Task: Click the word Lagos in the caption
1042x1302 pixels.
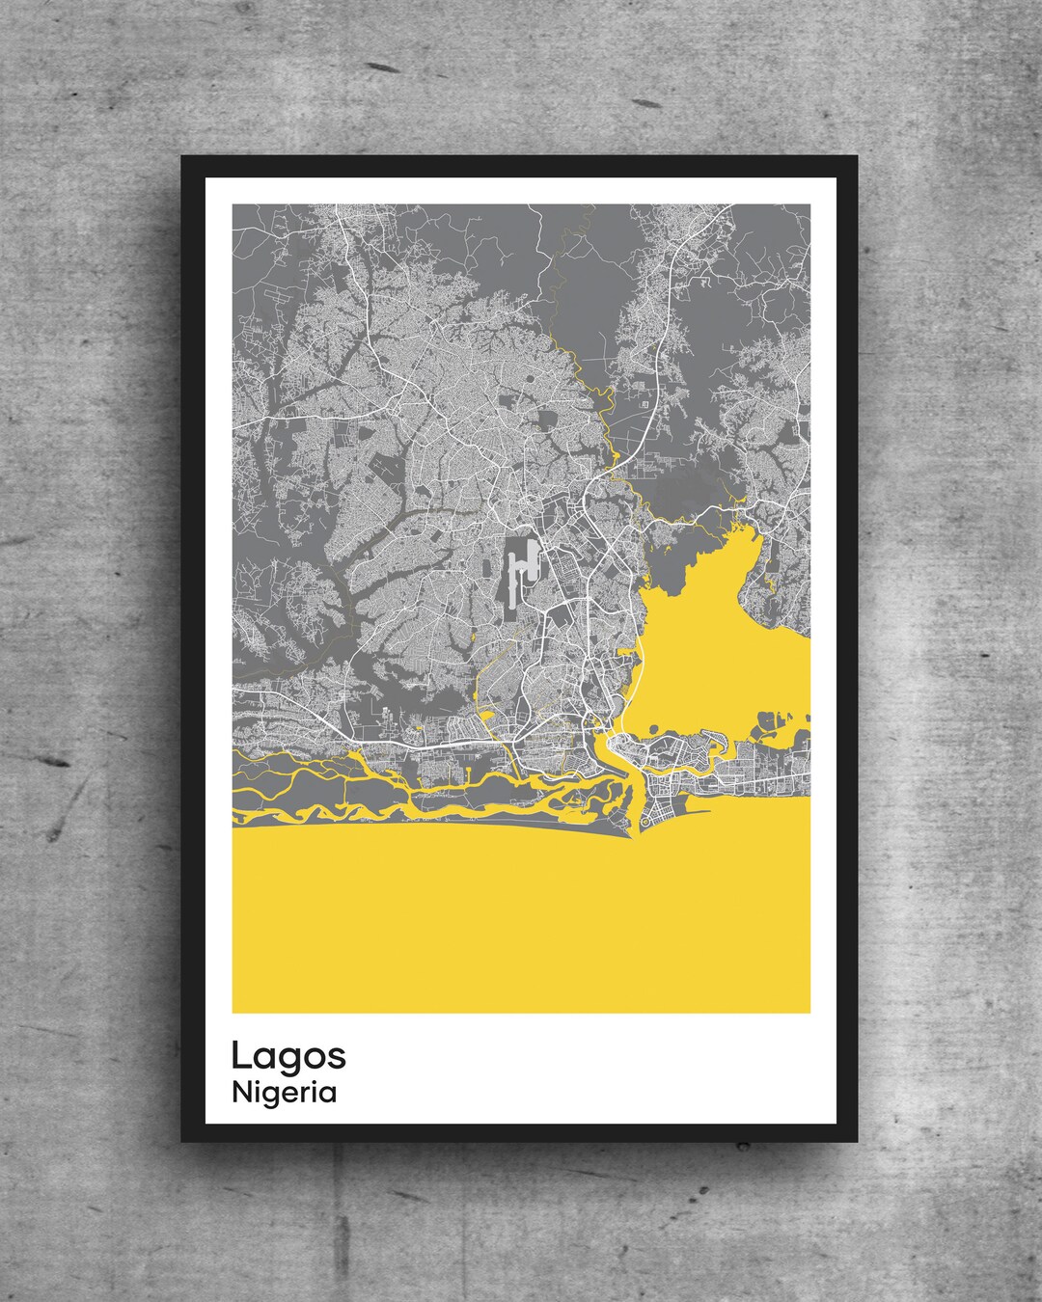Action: pos(288,1057)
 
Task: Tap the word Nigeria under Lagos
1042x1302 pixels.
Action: pos(285,1093)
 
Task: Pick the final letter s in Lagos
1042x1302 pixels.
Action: pos(338,1058)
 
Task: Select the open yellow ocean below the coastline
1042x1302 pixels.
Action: pos(521,926)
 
